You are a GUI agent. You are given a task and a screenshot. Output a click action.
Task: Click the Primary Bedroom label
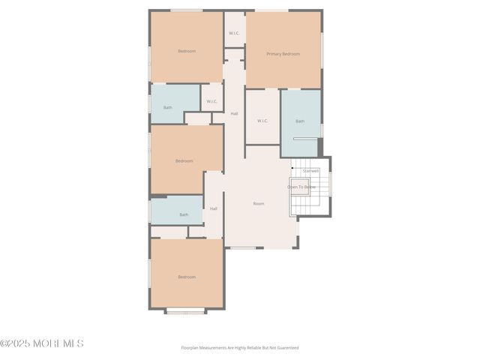pyautogui.click(x=283, y=54)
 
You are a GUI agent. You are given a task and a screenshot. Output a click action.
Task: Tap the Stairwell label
pyautogui.click(x=311, y=171)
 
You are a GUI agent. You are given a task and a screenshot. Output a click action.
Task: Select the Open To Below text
pyautogui.click(x=301, y=187)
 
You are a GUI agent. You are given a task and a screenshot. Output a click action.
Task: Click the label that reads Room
pyautogui.click(x=259, y=203)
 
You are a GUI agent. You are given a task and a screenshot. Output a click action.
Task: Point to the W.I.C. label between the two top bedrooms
pyautogui.click(x=234, y=33)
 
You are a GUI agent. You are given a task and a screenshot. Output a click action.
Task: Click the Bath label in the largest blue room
pyautogui.click(x=300, y=121)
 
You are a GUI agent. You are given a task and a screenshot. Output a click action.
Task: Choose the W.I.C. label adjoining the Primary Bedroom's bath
pyautogui.click(x=262, y=121)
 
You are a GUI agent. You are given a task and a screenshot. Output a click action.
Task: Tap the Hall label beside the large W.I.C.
pyautogui.click(x=234, y=113)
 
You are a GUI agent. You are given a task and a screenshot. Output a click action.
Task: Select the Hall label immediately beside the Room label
pyautogui.click(x=214, y=208)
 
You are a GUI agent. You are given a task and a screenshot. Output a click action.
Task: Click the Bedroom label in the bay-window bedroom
pyautogui.click(x=187, y=277)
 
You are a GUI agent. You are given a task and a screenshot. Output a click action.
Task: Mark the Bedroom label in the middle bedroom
pyautogui.click(x=184, y=160)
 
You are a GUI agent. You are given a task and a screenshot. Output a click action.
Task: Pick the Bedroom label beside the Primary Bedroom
pyautogui.click(x=187, y=51)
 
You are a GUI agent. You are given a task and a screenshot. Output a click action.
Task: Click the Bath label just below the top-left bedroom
pyautogui.click(x=168, y=107)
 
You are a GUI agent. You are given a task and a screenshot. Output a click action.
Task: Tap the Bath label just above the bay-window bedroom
pyautogui.click(x=184, y=214)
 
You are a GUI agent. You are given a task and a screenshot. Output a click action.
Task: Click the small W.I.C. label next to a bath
pyautogui.click(x=211, y=101)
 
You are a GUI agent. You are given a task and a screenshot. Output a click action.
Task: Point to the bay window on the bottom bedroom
pyautogui.click(x=185, y=311)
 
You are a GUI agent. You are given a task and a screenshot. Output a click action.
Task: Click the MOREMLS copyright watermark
pyautogui.click(x=42, y=343)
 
